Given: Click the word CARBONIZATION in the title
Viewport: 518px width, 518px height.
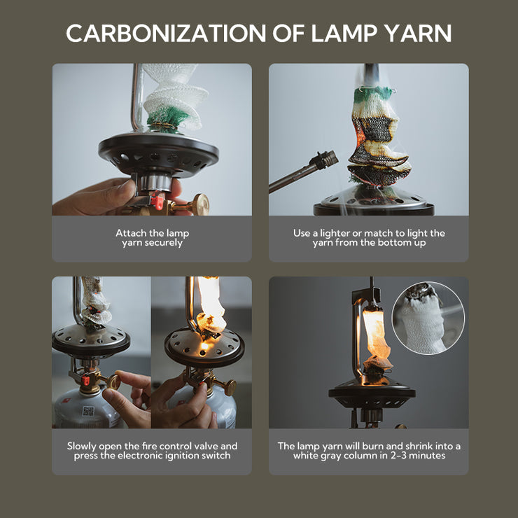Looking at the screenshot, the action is tap(166, 34).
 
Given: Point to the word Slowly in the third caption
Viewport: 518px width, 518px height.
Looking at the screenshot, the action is tap(82, 447).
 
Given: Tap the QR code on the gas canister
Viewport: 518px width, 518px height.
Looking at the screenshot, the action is tap(88, 412).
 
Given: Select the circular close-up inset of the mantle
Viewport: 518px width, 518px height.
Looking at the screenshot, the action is tap(428, 318).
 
